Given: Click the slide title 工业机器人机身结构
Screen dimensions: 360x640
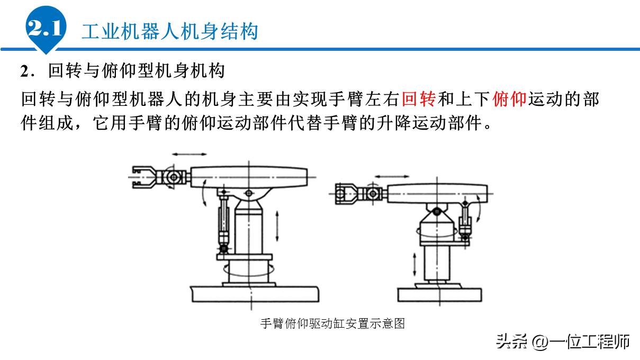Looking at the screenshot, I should point(169,31).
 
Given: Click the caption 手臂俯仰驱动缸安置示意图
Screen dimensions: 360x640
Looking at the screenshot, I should point(332,323).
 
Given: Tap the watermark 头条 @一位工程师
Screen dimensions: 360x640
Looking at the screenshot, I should point(562,341).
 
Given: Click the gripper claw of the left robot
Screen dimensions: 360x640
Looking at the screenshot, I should point(143,176).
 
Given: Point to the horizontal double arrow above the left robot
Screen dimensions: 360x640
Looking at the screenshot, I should point(190,154).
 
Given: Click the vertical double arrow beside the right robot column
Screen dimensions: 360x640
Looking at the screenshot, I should point(415,263).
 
